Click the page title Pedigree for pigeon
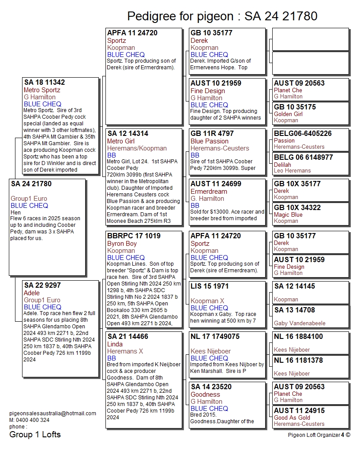222,16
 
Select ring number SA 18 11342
45,83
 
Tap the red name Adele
32,293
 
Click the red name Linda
115,344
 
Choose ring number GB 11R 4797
212,134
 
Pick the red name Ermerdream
209,192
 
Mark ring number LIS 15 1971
209,286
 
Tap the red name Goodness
205,395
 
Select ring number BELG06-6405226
303,134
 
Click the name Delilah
283,165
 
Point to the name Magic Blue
288,215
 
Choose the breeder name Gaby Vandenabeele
300,323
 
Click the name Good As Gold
292,417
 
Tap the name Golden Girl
288,114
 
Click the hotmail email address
52,413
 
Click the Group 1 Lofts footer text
35,435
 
